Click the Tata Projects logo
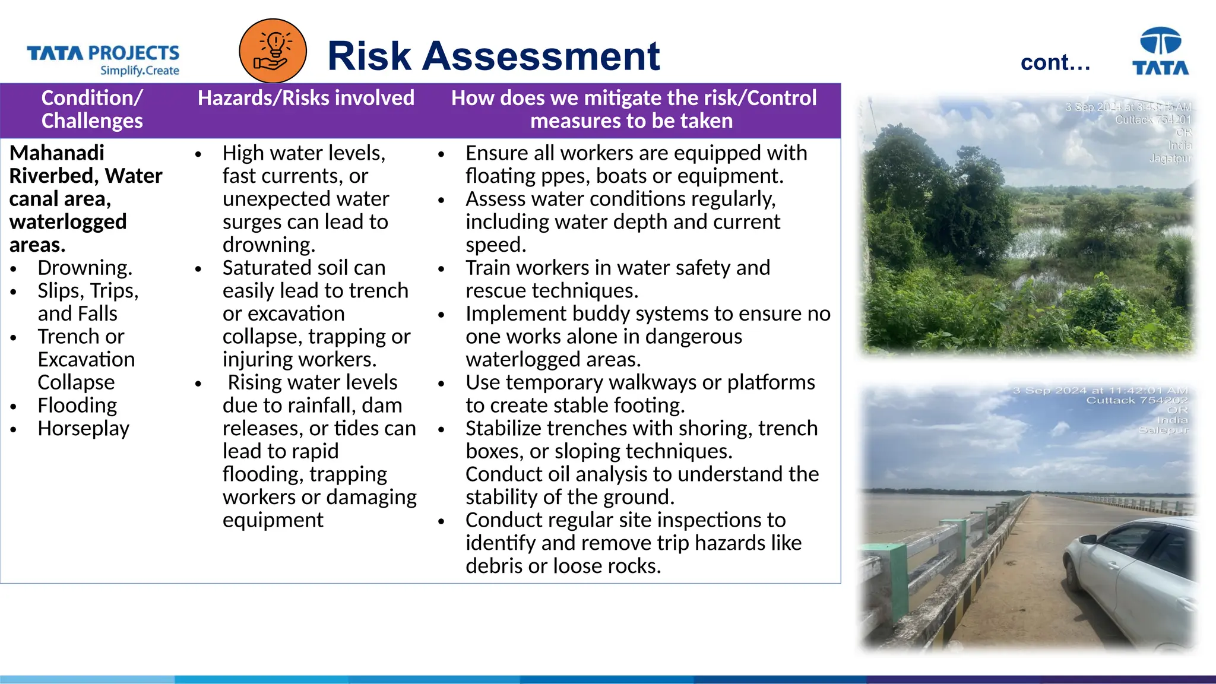pyautogui.click(x=103, y=59)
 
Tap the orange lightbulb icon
pyautogui.click(x=273, y=51)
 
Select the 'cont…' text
pyautogui.click(x=1055, y=62)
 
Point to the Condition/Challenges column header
pyautogui.click(x=92, y=109)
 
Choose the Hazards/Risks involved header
pyautogui.click(x=306, y=98)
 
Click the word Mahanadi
pyautogui.click(x=57, y=153)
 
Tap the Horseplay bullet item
pyautogui.click(x=83, y=428)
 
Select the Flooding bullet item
pyautogui.click(x=77, y=406)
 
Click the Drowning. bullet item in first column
pyautogui.click(x=85, y=268)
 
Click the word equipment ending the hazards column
pyautogui.click(x=273, y=520)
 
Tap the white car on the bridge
pyautogui.click(x=1131, y=579)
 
